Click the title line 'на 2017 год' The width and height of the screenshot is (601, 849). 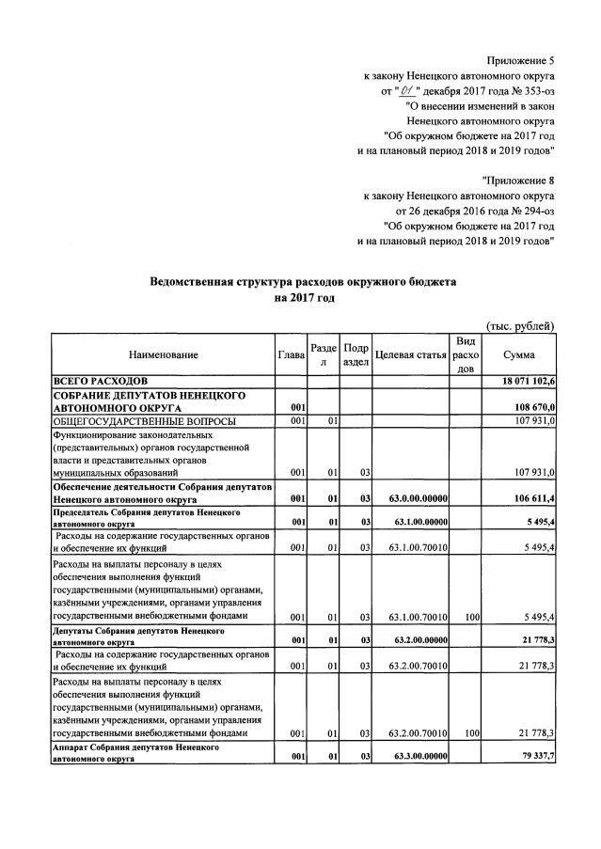pos(303,298)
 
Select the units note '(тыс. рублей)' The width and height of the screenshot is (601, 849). pos(520,325)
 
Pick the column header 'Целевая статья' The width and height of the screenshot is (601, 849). pos(410,354)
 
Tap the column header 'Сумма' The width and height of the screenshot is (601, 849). pos(519,354)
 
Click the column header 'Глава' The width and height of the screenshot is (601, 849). pos(292,354)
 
